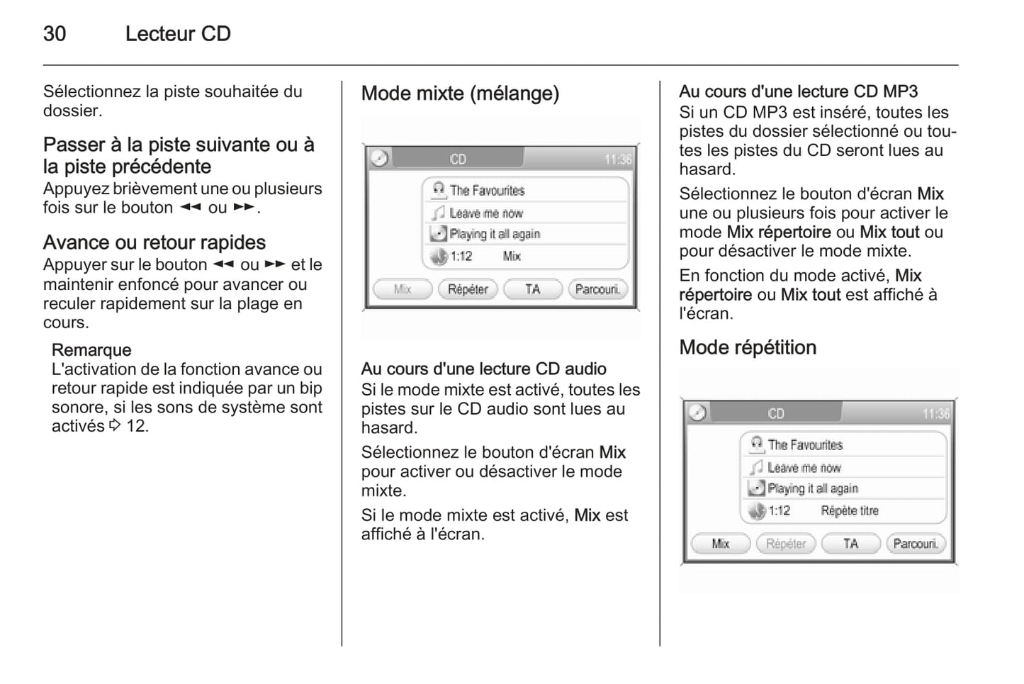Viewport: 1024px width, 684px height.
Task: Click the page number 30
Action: pos(55,34)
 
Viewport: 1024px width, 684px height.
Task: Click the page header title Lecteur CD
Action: pos(178,34)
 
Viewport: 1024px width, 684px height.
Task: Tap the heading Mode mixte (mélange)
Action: pos(460,94)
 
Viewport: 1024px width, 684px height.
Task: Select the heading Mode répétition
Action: pos(748,348)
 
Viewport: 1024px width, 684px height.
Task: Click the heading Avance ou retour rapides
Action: pos(154,242)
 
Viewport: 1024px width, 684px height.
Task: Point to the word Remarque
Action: pos(91,350)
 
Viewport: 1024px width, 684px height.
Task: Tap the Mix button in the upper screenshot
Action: pos(403,289)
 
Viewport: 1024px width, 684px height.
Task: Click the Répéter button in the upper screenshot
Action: pos(468,289)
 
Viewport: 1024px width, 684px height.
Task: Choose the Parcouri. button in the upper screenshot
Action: pos(597,289)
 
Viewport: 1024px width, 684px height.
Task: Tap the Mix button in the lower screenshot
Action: pos(721,544)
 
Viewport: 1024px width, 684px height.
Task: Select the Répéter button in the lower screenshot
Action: pos(786,544)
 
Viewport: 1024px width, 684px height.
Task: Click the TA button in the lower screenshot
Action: pos(851,544)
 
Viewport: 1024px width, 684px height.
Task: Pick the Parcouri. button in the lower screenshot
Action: pos(916,544)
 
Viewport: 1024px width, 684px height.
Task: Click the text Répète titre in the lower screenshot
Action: pos(850,511)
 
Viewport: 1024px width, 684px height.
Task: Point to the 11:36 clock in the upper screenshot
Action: pos(618,159)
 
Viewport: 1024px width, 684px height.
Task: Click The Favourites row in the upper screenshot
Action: pos(525,190)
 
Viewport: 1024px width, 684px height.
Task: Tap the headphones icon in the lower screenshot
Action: pos(757,444)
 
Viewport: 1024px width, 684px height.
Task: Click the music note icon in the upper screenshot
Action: pos(439,213)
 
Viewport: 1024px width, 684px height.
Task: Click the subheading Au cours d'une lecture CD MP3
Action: pos(798,92)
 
